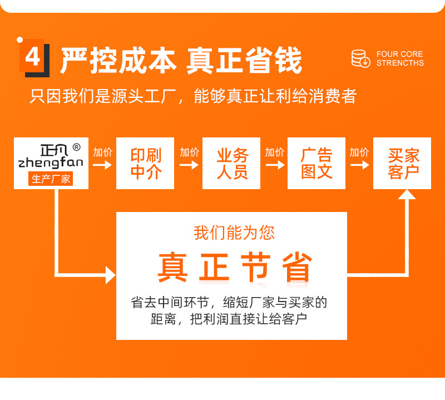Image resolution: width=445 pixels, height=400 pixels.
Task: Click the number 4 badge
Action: coord(33,57)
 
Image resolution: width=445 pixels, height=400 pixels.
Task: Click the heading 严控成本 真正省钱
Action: coord(181,60)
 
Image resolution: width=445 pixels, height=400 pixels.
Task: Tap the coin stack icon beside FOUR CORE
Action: coord(360,58)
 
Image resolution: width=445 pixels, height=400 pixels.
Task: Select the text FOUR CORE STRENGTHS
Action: coord(399,58)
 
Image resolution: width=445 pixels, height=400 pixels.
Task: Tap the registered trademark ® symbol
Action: coord(76,147)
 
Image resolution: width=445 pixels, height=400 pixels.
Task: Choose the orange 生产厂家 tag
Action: coord(51,179)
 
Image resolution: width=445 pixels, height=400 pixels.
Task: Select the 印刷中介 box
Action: coord(145,164)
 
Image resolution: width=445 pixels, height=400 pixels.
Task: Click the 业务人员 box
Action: coord(232,164)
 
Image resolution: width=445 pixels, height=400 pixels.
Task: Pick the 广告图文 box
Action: coord(317,164)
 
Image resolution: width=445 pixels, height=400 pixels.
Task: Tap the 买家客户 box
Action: coord(403,164)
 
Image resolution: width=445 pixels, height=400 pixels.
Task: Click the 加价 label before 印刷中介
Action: coord(102,152)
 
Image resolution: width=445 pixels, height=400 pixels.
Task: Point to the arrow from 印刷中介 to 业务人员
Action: coord(189,165)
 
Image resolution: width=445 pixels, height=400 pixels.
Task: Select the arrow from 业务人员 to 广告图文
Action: coord(274,165)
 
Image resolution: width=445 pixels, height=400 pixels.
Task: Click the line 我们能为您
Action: coord(234,233)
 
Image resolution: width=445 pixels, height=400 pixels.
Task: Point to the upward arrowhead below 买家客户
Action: coord(407,195)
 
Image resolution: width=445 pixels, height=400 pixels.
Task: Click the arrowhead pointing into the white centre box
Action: coord(110,275)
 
